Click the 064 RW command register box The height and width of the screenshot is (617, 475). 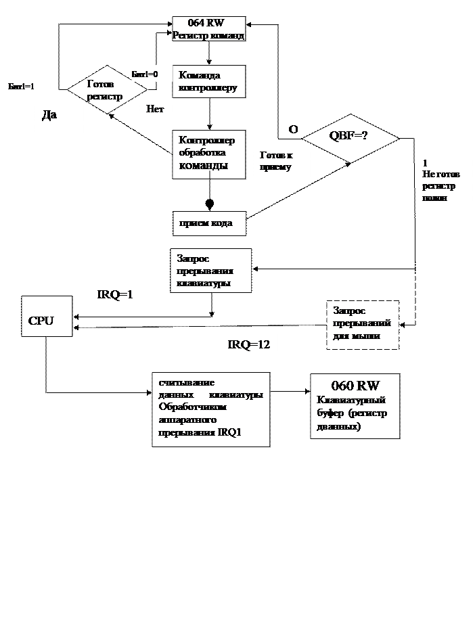point(208,29)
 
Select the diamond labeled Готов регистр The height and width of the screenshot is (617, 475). point(106,89)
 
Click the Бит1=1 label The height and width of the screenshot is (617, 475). point(26,86)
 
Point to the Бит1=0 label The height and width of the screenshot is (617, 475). point(150,74)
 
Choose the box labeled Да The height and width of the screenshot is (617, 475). point(59,119)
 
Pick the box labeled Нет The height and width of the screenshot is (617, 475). point(156,110)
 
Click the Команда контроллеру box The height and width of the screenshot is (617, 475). point(208,81)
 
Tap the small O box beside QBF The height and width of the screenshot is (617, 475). point(290,129)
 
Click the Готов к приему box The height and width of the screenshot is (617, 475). point(281,162)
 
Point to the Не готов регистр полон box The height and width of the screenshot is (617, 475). point(444,187)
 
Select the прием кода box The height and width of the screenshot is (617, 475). point(208,223)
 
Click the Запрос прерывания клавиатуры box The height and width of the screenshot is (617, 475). point(210,271)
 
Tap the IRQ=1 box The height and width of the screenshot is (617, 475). point(127,296)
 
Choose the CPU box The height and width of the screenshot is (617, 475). point(46,317)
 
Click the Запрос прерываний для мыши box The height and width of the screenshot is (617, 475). point(363,325)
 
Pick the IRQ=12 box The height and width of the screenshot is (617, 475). point(249,345)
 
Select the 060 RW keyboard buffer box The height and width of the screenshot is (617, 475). point(355,406)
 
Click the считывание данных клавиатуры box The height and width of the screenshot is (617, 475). point(210,409)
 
